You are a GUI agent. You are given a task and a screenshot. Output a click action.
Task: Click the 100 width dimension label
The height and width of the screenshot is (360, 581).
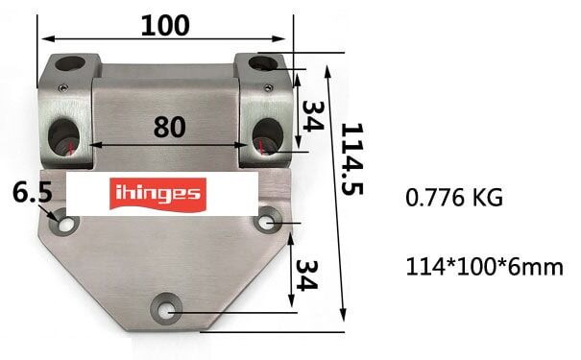point(164,26)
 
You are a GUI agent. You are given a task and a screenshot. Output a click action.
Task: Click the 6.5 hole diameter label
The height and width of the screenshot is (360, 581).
point(32,193)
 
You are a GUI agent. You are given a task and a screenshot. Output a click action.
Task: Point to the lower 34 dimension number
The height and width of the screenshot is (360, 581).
point(309,275)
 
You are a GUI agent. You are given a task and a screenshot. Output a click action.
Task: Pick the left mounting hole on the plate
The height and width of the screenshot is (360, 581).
point(66,223)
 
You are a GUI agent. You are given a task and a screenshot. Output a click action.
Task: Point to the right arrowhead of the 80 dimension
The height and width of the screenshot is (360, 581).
point(257,146)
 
